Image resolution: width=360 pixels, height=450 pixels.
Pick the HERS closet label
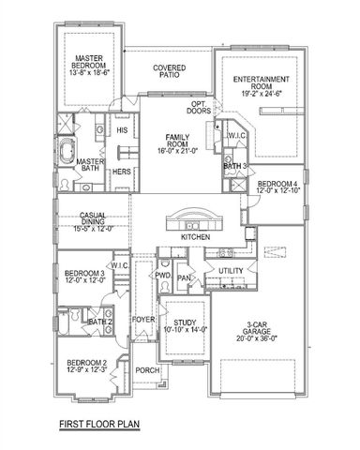tap(122, 172)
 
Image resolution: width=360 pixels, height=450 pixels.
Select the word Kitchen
tap(195, 238)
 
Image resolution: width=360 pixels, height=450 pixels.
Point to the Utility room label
tap(231, 271)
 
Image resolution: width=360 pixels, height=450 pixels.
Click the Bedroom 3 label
tap(82, 277)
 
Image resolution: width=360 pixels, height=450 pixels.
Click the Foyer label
tap(143, 319)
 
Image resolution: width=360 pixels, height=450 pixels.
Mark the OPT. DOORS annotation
tap(199, 108)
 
